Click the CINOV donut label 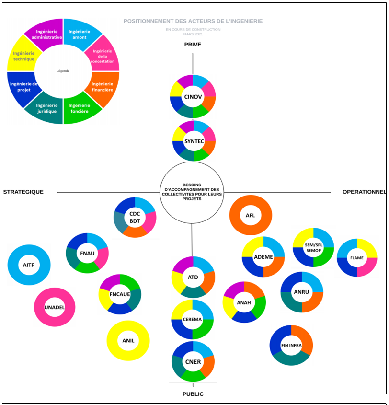193,97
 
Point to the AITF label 29,265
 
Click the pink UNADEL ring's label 54,307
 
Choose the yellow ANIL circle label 128,341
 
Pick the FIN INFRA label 291,345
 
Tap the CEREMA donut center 193,320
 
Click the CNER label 193,361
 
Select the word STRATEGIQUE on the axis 23,192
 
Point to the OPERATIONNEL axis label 364,192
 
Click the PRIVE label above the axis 193,45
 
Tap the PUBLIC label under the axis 193,394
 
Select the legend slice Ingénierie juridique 46,108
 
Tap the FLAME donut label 356,258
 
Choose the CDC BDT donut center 135,218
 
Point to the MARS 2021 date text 193,34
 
